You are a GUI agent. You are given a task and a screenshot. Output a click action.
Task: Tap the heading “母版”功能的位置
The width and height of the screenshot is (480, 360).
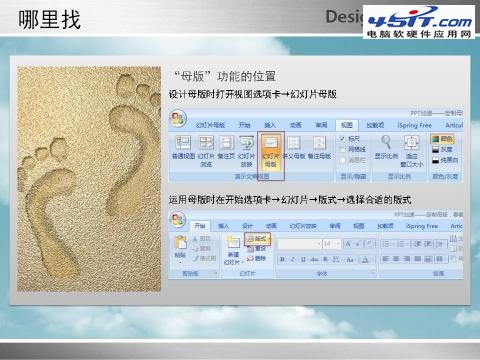[x=224, y=75]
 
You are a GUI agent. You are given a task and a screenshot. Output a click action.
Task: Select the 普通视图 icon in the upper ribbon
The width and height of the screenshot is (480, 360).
[x=183, y=150]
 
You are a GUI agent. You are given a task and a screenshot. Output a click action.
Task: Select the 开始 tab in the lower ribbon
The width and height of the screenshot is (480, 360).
[x=200, y=226]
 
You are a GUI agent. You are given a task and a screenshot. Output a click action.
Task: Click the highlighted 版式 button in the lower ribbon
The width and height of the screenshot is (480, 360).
[x=257, y=240]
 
